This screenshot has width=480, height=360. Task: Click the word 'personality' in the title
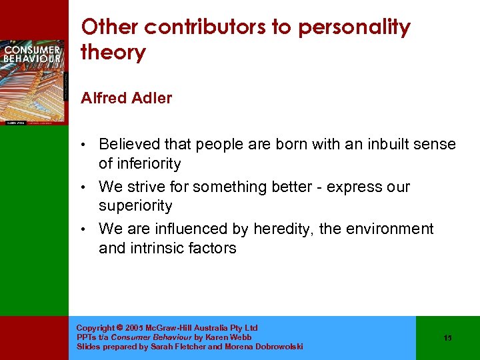click(354, 28)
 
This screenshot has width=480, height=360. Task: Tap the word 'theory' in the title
click(113, 53)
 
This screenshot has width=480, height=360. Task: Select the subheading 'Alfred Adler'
click(126, 98)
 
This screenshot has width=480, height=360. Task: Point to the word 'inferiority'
click(148, 163)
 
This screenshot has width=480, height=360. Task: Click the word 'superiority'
click(135, 206)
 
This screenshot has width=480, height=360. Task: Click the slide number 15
click(447, 338)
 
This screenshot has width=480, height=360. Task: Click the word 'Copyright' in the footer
click(96, 328)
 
